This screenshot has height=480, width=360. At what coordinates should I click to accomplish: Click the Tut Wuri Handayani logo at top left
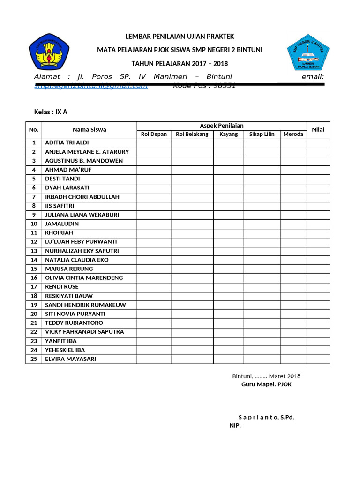coord(49,52)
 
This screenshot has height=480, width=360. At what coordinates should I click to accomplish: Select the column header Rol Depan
coord(154,134)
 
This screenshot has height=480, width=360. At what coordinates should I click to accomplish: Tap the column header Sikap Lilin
coord(262,134)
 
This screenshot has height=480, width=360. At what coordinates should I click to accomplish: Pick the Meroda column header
coord(293,134)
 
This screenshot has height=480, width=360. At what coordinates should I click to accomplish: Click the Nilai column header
coord(318,130)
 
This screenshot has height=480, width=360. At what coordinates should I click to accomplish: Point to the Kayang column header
coord(228,134)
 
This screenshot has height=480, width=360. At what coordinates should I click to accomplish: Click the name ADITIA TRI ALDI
coord(67,142)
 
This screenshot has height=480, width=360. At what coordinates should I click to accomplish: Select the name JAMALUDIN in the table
coord(62,224)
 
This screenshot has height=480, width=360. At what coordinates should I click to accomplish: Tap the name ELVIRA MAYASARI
coord(70,359)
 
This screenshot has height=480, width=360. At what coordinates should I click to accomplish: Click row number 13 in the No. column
coord(34,251)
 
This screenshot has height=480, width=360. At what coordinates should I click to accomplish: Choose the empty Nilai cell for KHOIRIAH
coord(318,232)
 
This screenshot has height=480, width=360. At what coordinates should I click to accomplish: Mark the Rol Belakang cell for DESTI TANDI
coord(192,179)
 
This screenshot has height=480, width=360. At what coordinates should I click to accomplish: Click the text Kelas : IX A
coord(51,112)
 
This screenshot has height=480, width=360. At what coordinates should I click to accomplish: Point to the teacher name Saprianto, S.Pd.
coord(266,417)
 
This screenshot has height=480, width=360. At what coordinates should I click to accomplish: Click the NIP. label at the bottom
coord(235,426)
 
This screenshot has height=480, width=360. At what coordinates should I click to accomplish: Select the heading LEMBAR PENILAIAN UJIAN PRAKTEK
coord(180,37)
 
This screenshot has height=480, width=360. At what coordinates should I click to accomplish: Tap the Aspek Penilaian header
coord(221,125)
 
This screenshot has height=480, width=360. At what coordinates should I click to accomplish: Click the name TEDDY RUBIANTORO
coord(74,322)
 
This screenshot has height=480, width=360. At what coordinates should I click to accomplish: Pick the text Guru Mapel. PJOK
coord(266,384)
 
